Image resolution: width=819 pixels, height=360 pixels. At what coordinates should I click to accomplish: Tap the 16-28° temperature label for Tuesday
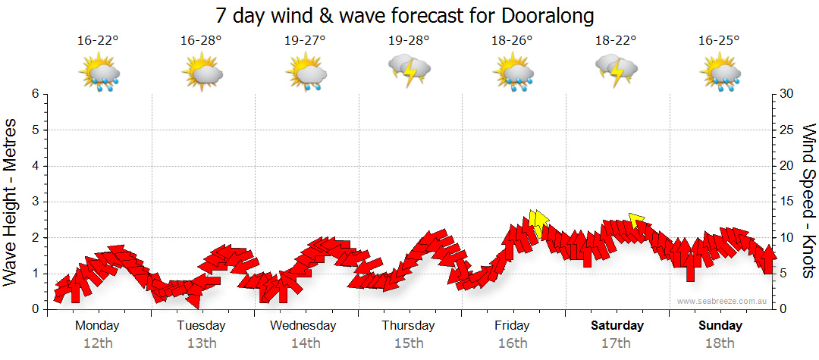201,41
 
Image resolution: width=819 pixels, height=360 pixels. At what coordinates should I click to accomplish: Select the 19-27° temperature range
305,41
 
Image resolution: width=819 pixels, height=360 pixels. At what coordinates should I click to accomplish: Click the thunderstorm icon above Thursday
409,70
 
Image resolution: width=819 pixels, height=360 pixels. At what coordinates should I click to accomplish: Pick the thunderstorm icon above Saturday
617,70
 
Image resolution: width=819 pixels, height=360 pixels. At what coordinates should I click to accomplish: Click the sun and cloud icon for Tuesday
201,74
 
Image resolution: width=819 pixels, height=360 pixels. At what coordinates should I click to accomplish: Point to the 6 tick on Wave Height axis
35,94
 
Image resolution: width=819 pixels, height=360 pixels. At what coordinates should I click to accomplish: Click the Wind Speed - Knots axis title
808,202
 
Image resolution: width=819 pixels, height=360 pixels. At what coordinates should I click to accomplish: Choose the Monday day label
97,326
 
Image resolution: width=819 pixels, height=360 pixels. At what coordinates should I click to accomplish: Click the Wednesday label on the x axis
304,326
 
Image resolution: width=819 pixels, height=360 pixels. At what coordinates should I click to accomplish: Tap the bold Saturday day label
617,326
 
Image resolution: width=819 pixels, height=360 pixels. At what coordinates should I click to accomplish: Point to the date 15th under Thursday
409,343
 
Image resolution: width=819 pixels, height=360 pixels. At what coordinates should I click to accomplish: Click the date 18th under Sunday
720,343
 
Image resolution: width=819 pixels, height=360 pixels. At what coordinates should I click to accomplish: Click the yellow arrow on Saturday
636,221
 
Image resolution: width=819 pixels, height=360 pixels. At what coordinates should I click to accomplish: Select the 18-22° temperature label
616,41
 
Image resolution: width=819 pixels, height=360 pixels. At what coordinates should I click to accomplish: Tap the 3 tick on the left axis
35,202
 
